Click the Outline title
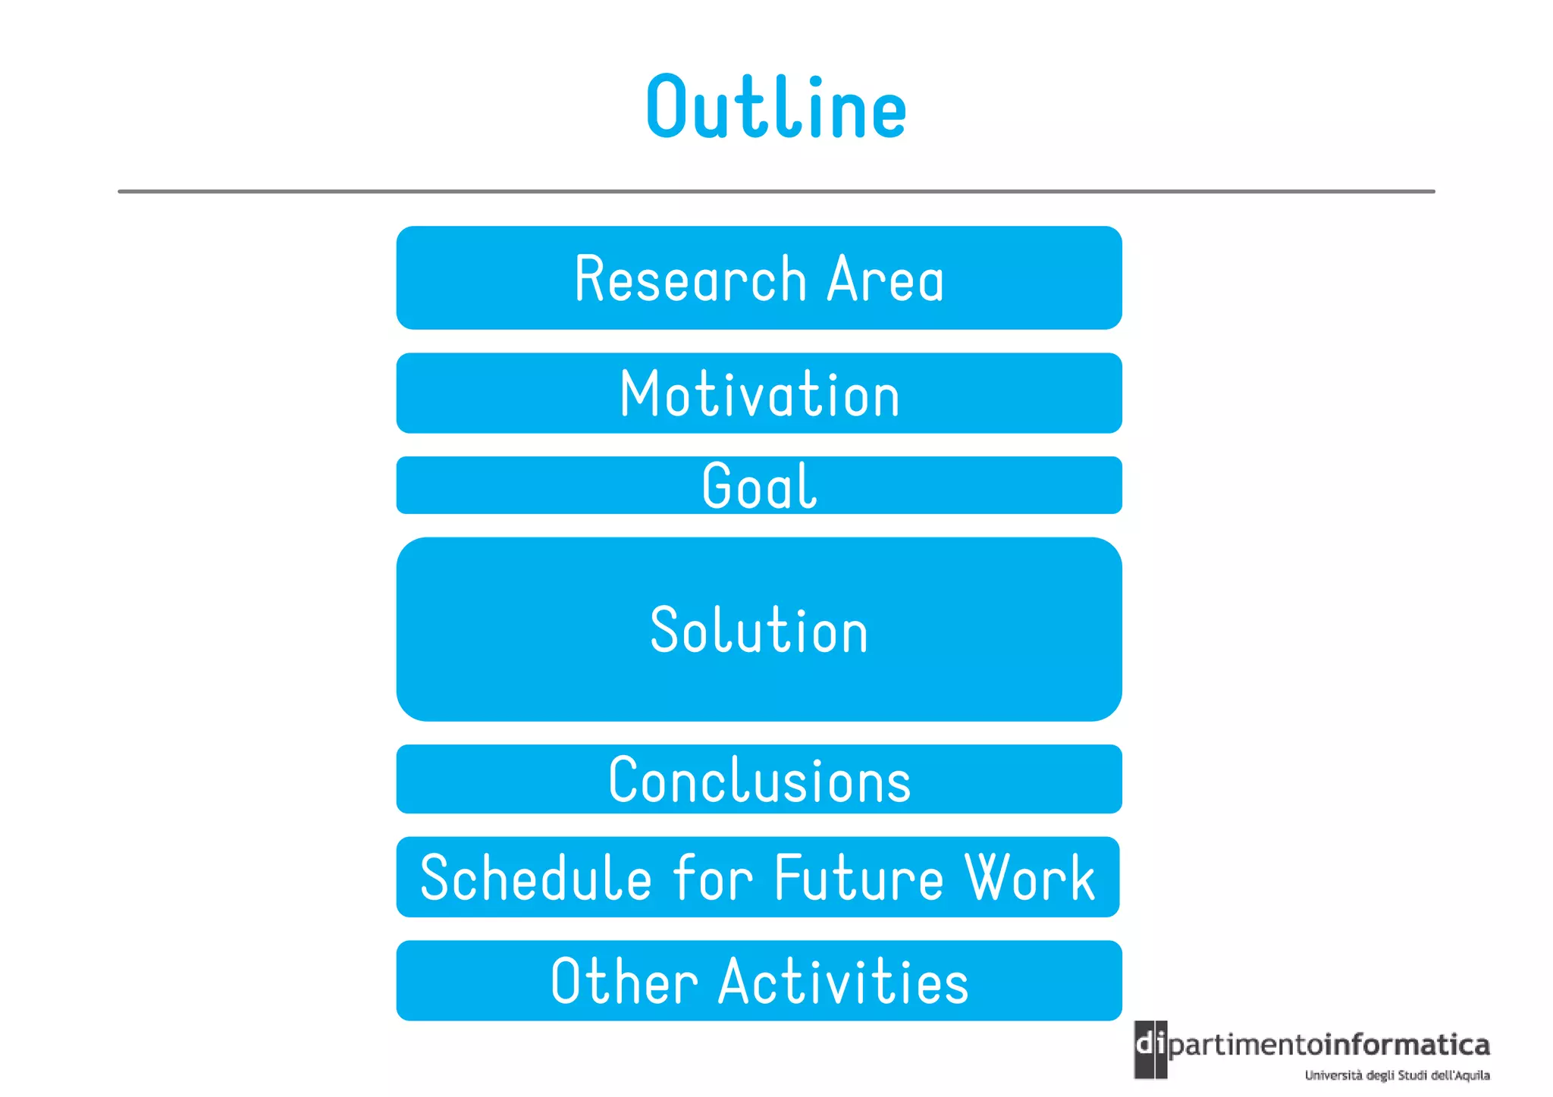pyautogui.click(x=776, y=108)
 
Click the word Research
pyautogui.click(x=690, y=279)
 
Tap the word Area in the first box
pyautogui.click(x=885, y=279)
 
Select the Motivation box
pyautogui.click(x=758, y=393)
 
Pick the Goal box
pyautogui.click(x=758, y=485)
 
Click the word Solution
pyautogui.click(x=758, y=630)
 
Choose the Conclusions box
pyautogui.click(x=758, y=779)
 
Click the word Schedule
pyautogui.click(x=535, y=878)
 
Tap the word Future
pyautogui.click(x=858, y=878)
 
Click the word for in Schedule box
pyautogui.click(x=713, y=878)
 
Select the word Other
pyautogui.click(x=623, y=981)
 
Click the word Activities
pyautogui.click(x=843, y=981)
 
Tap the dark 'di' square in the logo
pyautogui.click(x=1150, y=1048)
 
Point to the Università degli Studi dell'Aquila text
pyautogui.click(x=1397, y=1075)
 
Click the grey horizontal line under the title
pyautogui.click(x=776, y=192)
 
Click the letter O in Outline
pyautogui.click(x=667, y=108)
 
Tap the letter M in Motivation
pyautogui.click(x=636, y=393)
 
